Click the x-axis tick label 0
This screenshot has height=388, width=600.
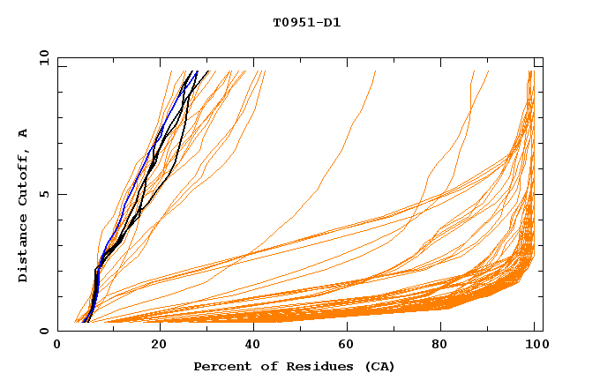57,346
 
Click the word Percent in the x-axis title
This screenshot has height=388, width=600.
221,366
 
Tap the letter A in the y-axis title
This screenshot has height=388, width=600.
24,133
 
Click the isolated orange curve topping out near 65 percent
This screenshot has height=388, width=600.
335,159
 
